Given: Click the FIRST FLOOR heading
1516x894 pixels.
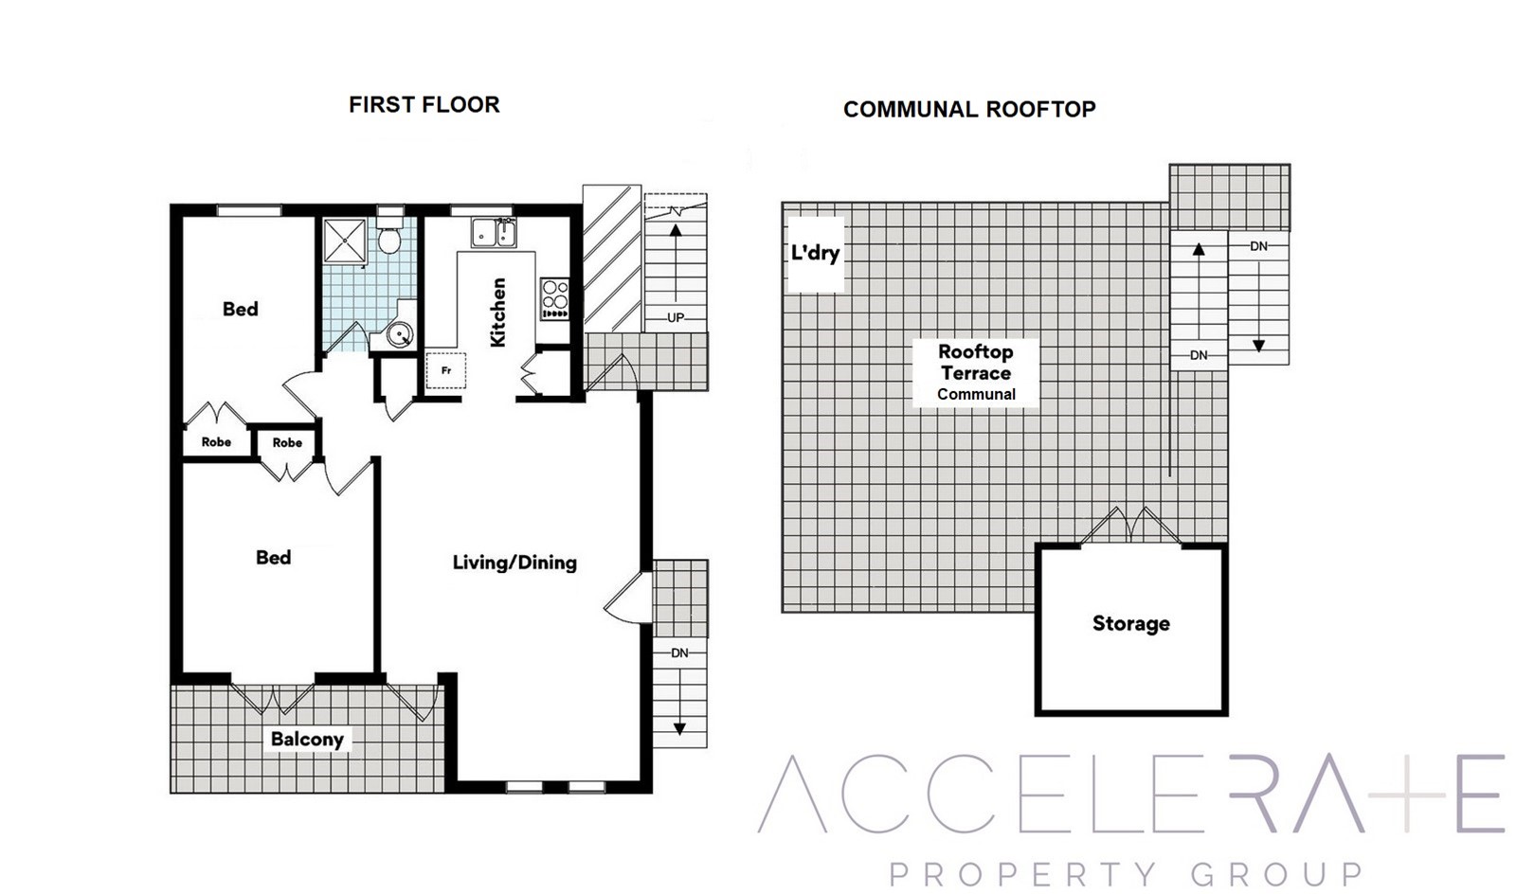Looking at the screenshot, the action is click(424, 105).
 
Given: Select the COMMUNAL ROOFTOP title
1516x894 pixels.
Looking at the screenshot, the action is click(969, 110).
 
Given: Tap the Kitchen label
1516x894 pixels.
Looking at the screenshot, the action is click(498, 313).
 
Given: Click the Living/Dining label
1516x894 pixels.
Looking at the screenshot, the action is click(514, 563).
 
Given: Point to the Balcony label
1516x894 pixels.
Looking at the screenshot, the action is click(307, 739).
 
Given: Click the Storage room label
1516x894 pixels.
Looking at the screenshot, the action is click(1131, 623).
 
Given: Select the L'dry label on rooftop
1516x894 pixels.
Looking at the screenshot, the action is click(816, 253).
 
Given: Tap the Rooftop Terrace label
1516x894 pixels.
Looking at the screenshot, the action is click(976, 363).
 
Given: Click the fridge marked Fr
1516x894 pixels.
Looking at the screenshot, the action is click(445, 370).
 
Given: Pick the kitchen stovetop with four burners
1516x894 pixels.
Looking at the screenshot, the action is click(555, 299).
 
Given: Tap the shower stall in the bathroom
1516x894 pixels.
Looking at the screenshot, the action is click(345, 240).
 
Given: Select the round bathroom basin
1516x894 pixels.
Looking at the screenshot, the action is click(400, 334).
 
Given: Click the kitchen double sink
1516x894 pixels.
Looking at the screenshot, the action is click(494, 233).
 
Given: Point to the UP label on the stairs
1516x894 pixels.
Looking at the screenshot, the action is click(676, 318).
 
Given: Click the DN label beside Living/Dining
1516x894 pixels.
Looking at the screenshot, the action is click(679, 653).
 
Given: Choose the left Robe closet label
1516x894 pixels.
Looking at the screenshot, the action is click(217, 442).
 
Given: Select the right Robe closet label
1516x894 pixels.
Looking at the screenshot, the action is click(287, 443).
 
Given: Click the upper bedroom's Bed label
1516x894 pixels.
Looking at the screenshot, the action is click(241, 309).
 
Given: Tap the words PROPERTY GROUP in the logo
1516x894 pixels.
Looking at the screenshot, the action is click(1126, 874).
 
